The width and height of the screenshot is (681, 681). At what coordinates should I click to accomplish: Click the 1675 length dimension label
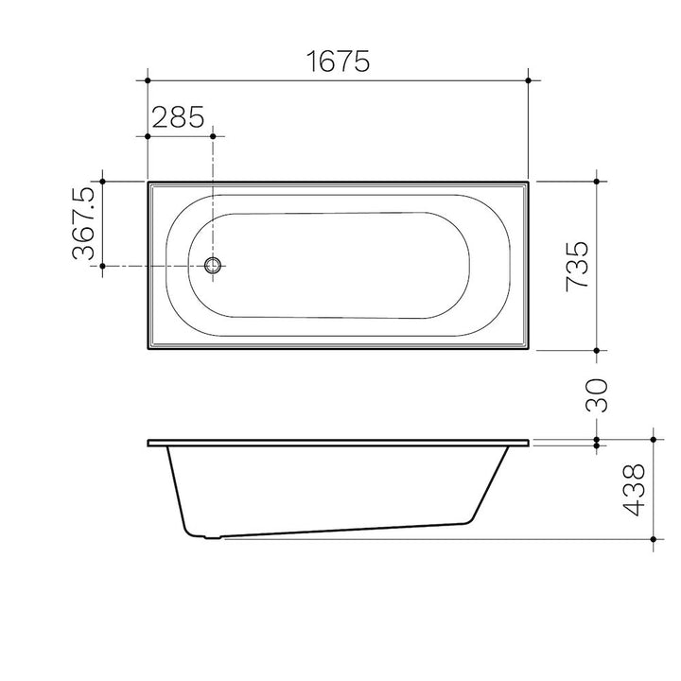(338, 61)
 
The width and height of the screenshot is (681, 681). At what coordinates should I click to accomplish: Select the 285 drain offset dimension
(178, 117)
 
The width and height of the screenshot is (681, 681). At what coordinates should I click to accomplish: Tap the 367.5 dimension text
(83, 223)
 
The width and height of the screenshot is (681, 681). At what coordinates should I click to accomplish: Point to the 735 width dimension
(577, 266)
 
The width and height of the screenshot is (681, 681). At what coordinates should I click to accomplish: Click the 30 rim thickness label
(596, 395)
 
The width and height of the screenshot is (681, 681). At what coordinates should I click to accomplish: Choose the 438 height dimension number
(634, 490)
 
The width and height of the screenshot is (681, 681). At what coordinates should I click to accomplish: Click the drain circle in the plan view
(213, 265)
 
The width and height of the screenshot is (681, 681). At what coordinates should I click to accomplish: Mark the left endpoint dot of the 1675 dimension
(148, 80)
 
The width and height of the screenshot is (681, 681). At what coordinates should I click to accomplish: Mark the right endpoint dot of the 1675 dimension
(528, 80)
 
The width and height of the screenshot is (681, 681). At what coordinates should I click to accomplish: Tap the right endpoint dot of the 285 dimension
(213, 136)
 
